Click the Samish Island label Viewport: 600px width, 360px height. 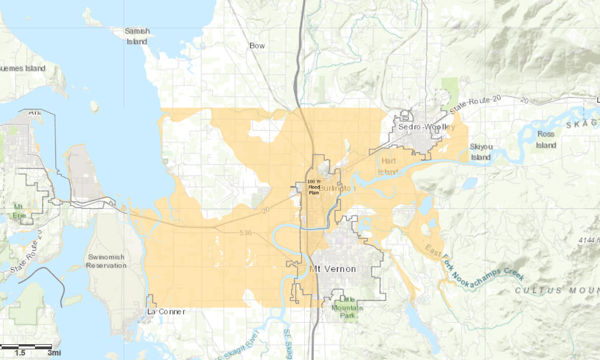point(137,36)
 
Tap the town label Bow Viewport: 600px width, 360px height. point(257,45)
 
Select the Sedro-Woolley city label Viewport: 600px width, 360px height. point(426,127)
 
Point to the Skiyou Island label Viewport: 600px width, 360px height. point(481,152)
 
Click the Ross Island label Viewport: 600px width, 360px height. point(546,139)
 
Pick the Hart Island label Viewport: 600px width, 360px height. point(389,166)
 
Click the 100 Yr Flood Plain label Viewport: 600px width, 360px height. point(314,186)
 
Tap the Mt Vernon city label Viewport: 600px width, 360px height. point(333,269)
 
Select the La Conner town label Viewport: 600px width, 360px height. point(165,311)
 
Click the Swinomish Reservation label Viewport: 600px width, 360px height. point(106,261)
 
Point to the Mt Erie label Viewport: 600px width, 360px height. point(19,210)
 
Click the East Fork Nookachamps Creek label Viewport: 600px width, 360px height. point(474,264)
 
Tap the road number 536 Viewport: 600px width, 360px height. point(245,232)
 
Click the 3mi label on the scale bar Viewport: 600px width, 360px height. point(54,353)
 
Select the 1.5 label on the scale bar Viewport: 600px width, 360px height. point(20,353)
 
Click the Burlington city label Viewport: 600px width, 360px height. point(339,188)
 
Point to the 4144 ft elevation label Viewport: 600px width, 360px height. point(588,240)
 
